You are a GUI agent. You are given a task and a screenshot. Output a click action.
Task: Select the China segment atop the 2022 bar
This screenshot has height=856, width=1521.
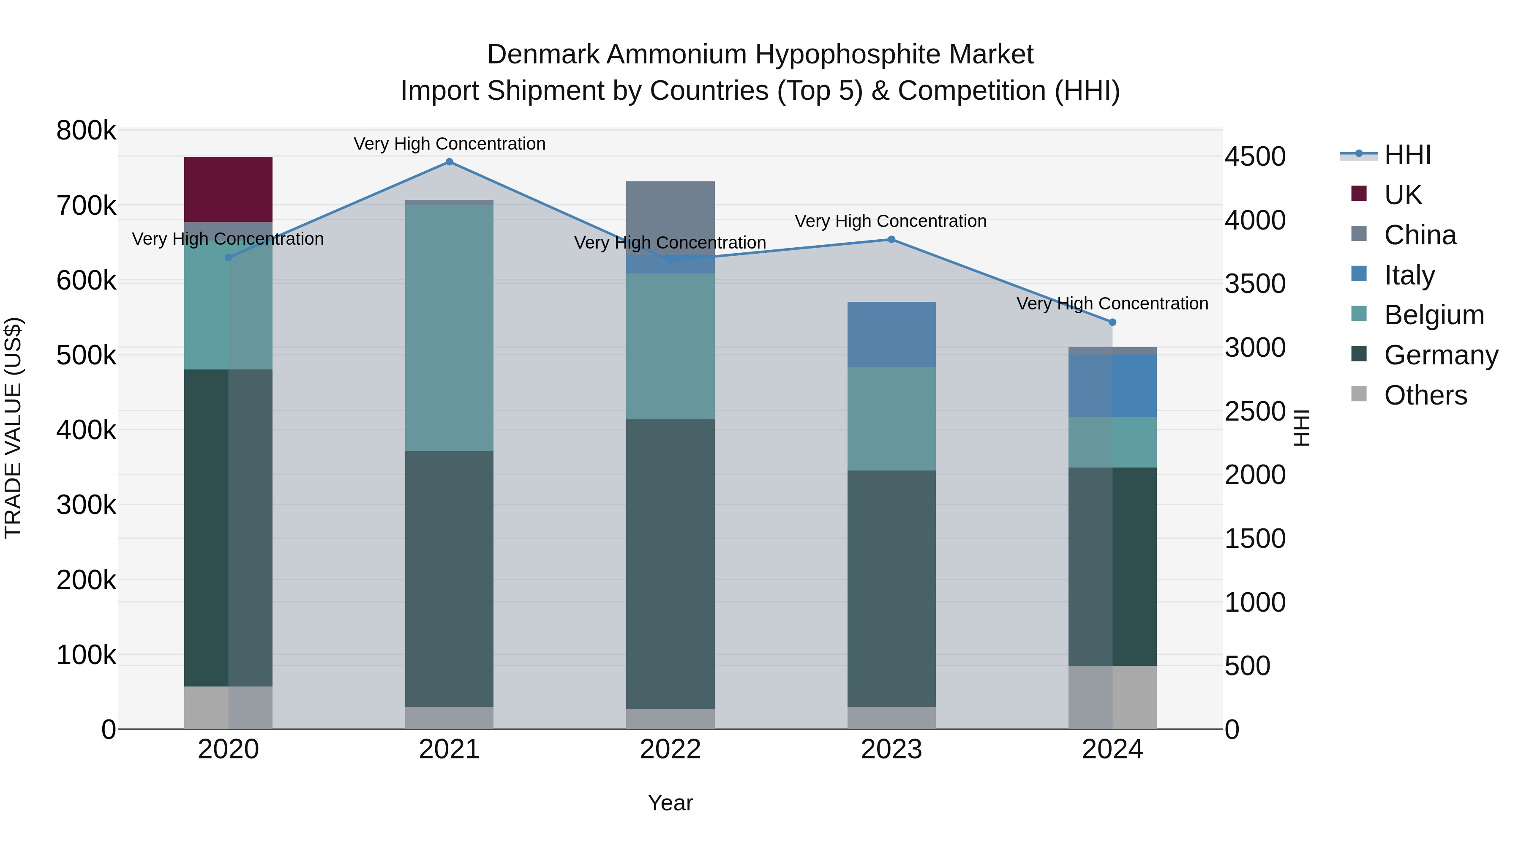(670, 213)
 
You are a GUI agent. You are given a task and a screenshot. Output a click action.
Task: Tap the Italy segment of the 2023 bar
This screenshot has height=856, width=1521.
(891, 334)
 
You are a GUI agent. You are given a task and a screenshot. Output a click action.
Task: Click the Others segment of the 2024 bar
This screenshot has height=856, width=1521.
(1112, 697)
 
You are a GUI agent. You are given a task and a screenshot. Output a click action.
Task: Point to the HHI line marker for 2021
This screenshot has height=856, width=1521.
(450, 162)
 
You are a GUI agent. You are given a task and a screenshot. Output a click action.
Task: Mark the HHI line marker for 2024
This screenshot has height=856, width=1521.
(1112, 323)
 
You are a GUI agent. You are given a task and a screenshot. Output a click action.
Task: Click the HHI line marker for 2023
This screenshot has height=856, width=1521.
(891, 240)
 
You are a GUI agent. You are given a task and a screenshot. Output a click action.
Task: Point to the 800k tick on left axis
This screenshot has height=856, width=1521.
(86, 131)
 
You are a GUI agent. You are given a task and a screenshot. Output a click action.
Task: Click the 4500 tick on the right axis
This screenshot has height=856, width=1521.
(1255, 156)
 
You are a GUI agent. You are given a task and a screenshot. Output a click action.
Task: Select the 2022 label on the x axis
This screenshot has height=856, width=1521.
(670, 749)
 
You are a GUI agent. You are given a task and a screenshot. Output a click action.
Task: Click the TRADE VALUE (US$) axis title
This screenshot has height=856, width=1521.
(13, 428)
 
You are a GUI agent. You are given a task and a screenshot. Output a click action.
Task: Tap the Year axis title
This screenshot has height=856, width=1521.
(670, 803)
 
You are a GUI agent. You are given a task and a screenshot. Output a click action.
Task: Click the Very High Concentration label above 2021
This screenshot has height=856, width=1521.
(450, 144)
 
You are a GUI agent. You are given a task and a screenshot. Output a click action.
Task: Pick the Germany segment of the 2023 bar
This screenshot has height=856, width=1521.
(891, 588)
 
